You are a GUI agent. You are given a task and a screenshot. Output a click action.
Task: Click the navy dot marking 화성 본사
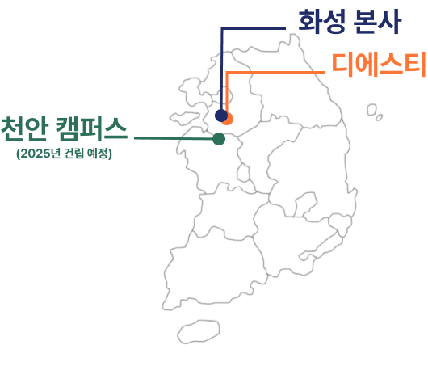(x=221, y=116)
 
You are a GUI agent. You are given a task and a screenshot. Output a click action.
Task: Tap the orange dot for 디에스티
(x=229, y=120)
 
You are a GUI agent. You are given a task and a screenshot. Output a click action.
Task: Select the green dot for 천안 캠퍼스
(x=219, y=139)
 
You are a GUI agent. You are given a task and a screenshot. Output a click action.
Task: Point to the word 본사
(x=377, y=21)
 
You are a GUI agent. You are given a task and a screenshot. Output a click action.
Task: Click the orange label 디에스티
(x=379, y=64)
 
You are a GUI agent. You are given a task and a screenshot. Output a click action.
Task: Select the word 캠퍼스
(x=92, y=128)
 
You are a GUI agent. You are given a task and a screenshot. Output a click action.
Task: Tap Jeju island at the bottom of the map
(x=199, y=332)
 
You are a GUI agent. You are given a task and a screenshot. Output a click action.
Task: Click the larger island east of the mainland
(x=371, y=110)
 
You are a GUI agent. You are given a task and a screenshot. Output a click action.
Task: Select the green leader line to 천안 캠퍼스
(x=174, y=138)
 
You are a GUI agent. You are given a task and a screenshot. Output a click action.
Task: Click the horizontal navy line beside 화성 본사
(x=254, y=28)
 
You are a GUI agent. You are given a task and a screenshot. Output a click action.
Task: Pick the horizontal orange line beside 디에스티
(x=275, y=72)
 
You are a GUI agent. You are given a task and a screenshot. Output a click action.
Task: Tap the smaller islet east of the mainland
(x=379, y=117)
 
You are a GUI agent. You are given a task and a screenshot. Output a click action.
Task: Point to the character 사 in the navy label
(x=390, y=21)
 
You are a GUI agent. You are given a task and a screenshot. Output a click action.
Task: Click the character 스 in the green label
(x=115, y=128)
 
